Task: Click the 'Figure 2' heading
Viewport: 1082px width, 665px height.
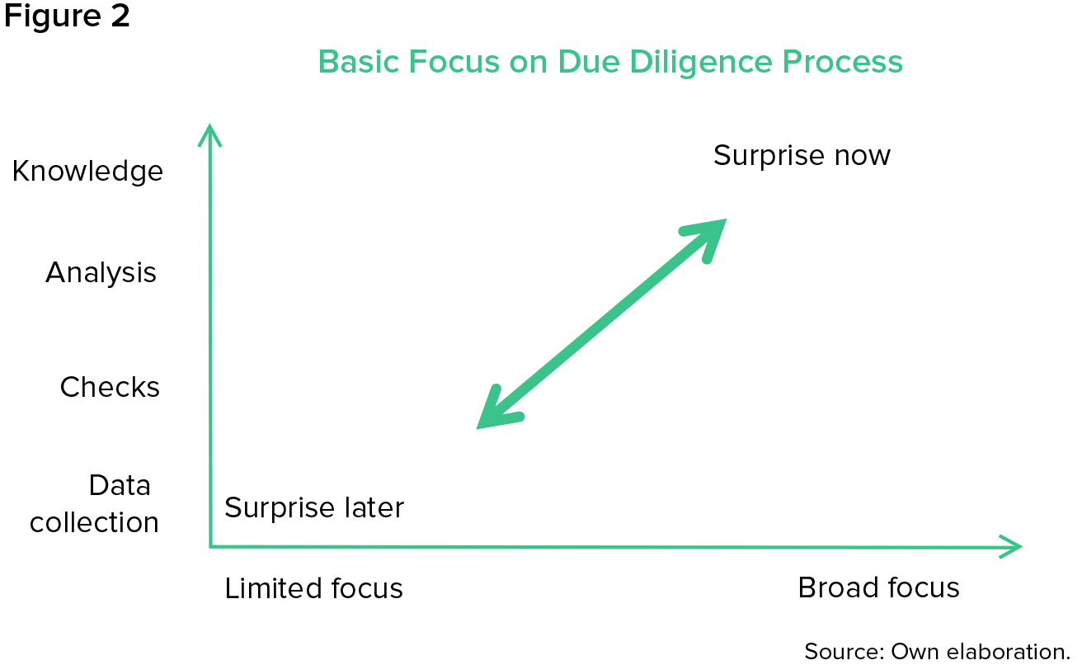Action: [67, 17]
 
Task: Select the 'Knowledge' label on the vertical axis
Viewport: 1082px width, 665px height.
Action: [87, 172]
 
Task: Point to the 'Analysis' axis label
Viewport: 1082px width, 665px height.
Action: [101, 272]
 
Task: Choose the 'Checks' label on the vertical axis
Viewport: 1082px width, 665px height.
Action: [110, 387]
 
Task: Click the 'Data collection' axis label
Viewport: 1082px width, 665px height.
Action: [95, 503]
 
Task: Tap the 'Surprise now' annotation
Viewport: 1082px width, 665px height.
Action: [802, 155]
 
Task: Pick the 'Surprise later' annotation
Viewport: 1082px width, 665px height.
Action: [314, 507]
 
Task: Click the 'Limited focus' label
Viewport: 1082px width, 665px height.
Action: [314, 588]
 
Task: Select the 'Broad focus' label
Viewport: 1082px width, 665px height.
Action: [878, 587]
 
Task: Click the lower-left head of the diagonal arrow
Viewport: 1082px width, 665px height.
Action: [495, 412]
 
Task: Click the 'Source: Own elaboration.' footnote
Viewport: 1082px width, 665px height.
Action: [937, 651]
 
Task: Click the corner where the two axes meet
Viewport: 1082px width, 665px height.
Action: [211, 545]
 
